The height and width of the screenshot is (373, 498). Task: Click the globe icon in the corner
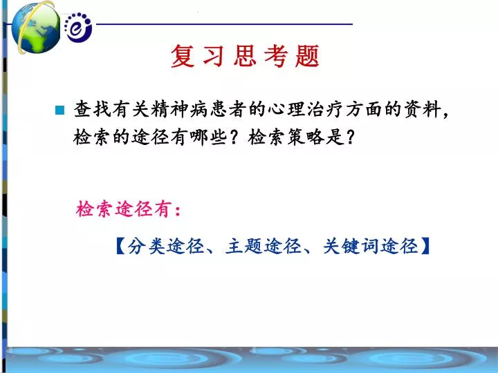tap(35, 28)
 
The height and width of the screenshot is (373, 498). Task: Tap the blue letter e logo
tap(77, 27)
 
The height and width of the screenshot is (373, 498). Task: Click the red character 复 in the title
tap(183, 56)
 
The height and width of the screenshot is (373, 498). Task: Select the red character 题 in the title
tap(307, 56)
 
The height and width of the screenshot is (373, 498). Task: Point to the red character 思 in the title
tap(245, 56)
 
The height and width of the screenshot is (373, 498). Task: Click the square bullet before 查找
tap(59, 110)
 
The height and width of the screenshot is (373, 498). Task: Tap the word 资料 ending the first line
tap(423, 109)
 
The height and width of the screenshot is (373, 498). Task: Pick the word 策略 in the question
tap(306, 137)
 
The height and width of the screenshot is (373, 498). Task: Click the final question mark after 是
tap(350, 137)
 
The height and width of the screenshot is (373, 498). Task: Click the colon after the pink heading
tap(178, 210)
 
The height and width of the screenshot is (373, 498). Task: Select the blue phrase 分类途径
tap(165, 246)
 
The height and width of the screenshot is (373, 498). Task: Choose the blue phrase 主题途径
tap(264, 246)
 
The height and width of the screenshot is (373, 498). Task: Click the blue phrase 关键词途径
tap(370, 246)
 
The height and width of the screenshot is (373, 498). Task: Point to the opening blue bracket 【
tap(121, 246)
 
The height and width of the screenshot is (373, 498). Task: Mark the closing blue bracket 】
tap(425, 246)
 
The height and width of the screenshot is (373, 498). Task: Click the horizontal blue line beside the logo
tap(224, 23)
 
